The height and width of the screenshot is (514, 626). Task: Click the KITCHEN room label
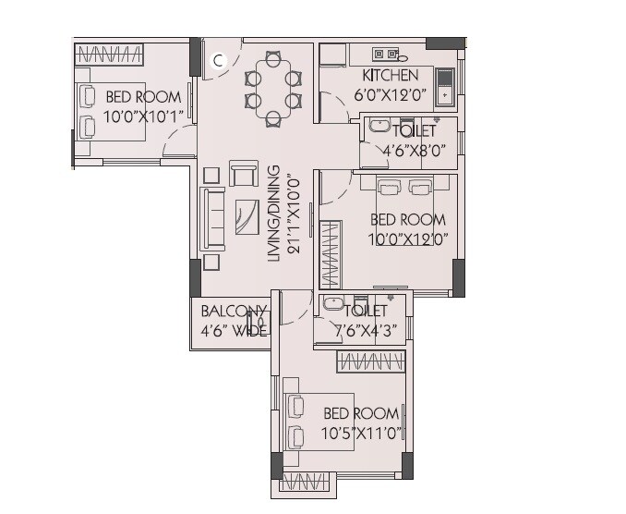[390, 75]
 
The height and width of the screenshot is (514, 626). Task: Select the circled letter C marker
[218, 61]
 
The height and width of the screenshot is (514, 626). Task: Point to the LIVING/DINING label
[274, 214]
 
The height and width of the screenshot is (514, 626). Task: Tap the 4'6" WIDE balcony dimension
[235, 330]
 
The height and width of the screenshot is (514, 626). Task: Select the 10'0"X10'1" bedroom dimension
[144, 115]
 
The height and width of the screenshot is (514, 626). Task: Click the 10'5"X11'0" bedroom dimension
[361, 433]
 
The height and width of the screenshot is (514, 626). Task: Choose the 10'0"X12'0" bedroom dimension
[408, 239]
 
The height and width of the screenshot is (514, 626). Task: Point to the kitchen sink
[445, 84]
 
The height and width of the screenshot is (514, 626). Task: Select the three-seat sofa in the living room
[212, 219]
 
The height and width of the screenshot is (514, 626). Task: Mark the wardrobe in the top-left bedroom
[108, 54]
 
